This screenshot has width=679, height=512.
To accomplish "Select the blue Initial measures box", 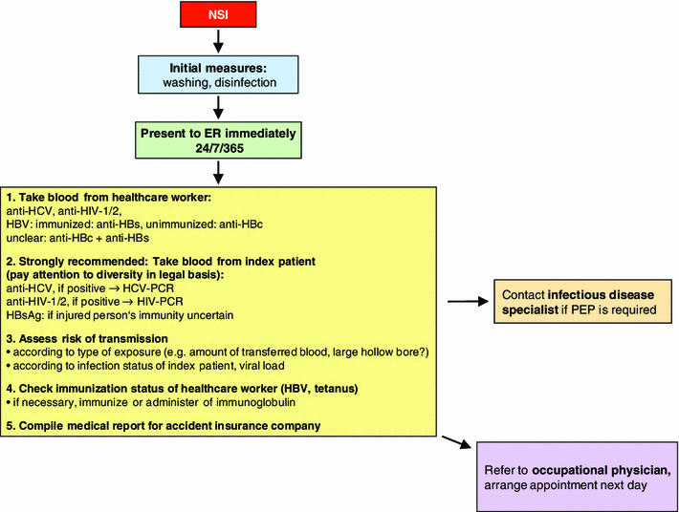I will pos(219,74).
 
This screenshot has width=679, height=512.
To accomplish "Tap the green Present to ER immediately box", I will pos(219,139).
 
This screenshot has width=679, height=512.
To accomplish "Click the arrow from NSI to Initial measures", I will pos(219,40).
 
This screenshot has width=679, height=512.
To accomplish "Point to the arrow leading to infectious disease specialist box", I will pos(467,302).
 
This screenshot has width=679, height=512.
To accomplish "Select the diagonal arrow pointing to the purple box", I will pos(457,444).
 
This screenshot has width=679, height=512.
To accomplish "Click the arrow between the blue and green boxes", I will pos(219,106).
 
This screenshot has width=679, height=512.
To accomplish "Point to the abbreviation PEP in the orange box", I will pos(601,309).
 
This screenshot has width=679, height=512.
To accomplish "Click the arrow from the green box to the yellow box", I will pos(219,172).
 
